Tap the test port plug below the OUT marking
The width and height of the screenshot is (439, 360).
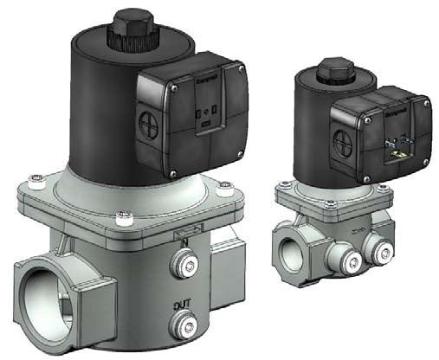tap(183, 326)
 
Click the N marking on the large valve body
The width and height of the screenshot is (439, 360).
tap(183, 244)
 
